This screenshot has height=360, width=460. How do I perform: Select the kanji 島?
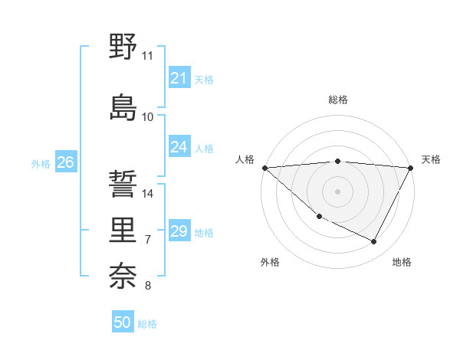point(123,106)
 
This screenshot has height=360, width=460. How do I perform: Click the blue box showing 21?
point(179,77)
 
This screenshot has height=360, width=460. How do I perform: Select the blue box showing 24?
point(179,147)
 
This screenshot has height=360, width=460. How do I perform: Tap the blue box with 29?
point(179,231)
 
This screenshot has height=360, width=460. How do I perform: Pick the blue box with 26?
point(66,162)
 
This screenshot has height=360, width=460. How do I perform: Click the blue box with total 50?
point(123,322)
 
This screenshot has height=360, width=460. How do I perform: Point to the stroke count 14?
point(148,194)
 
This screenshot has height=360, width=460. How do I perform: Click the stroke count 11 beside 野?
point(148,56)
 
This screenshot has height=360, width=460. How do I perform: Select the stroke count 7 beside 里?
point(148,240)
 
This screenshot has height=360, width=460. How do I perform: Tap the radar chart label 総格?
point(338,100)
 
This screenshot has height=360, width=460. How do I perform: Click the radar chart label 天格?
point(431,159)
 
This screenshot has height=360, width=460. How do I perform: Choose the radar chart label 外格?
point(270,263)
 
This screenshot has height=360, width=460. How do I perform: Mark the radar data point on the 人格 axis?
point(264,168)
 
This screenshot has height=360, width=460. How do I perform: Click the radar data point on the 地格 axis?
point(374,242)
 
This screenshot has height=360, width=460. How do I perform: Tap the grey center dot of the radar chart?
point(337,191)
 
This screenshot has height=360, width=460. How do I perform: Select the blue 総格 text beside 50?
point(147,324)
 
